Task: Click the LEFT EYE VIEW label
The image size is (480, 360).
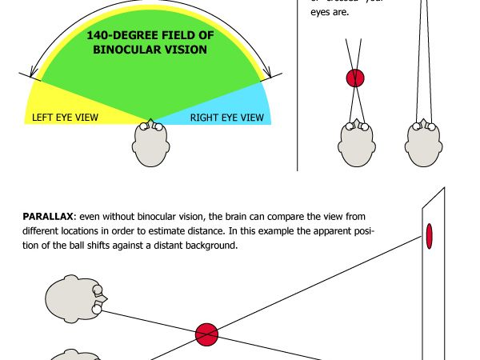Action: pos(66,118)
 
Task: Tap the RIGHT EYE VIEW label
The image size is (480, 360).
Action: pos(226,118)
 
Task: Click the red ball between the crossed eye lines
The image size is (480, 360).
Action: pos(355,78)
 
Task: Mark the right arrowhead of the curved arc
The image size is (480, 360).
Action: pos(270,74)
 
